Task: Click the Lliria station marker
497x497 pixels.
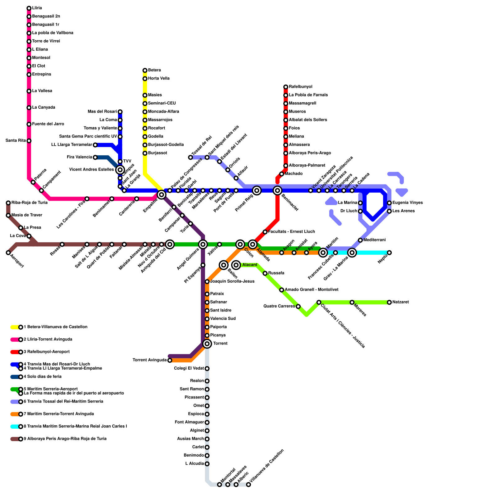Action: coord(29,8)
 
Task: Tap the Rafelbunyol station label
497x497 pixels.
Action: coord(300,87)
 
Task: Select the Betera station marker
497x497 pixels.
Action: coord(145,71)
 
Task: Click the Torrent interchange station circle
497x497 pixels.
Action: coord(207,344)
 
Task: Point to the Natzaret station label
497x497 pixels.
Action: coord(400,302)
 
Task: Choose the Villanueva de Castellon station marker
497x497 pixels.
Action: coord(248,485)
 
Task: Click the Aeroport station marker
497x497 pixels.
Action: coord(8,253)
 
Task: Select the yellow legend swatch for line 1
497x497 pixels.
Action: coord(15,327)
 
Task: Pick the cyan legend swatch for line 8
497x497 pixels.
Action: coord(15,426)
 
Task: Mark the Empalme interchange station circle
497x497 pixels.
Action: coord(162,195)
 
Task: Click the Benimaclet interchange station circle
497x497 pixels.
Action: coord(278,190)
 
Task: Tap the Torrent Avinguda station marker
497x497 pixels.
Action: coord(170,360)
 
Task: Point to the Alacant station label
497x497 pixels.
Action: coord(250,265)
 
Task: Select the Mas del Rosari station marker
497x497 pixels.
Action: coord(120,112)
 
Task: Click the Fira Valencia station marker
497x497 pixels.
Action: coord(95,157)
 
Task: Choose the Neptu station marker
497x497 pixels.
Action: coord(389,253)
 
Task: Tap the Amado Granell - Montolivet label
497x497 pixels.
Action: coord(312,290)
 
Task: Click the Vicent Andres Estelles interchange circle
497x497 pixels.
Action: coord(120,170)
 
